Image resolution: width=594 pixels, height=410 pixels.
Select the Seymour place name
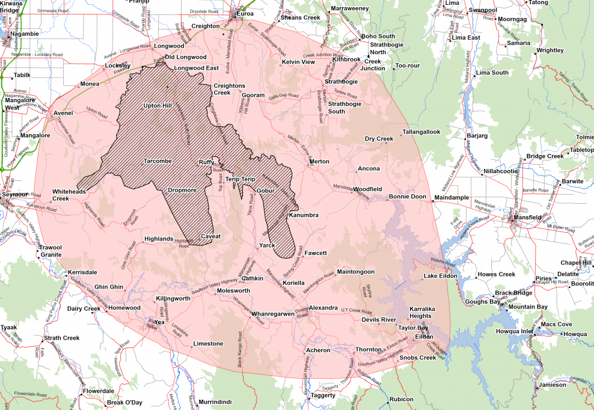pos(14,195)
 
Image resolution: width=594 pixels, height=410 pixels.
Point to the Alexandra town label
pos(323,308)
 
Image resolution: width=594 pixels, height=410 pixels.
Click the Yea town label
pos(159,322)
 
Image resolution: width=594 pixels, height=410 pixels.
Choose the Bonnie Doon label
pos(407,197)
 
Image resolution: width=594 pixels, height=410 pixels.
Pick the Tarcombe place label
pos(158,161)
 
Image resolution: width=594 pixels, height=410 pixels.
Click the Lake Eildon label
pos(441,277)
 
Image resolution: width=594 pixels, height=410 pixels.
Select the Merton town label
pos(319,162)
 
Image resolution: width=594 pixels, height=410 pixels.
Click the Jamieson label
pos(553,385)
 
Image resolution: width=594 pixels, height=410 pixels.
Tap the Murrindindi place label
pos(215,402)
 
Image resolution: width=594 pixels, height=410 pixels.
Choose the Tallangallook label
pos(421,132)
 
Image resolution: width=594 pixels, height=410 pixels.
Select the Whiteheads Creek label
pos(69,194)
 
